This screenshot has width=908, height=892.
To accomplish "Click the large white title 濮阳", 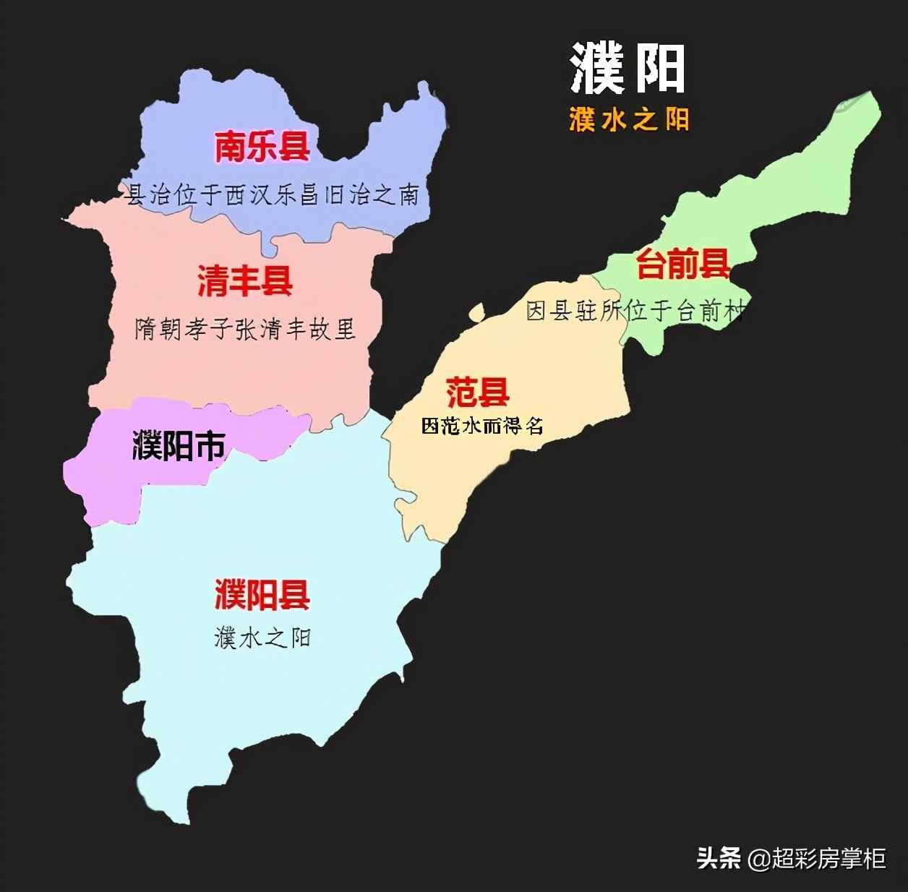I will click(627, 68).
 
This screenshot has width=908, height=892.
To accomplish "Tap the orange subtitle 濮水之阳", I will click(628, 119).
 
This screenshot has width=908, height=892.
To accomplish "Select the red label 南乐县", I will click(262, 147).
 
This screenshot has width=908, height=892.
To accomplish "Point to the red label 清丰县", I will click(245, 280).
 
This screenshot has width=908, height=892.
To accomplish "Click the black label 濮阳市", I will click(179, 446).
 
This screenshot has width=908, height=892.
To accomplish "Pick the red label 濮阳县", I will click(262, 595).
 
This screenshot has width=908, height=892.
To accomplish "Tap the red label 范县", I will click(478, 393).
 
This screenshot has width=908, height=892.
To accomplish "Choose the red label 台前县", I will click(683, 264).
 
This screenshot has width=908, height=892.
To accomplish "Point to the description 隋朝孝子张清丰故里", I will click(245, 330).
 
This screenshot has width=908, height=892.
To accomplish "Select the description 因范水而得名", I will click(482, 426).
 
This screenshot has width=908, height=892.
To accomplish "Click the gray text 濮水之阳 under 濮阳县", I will click(262, 638).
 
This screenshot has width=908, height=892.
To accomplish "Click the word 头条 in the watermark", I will click(718, 859).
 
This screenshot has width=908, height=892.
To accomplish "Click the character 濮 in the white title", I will click(597, 68).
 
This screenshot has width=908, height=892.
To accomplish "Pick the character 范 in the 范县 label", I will click(461, 393).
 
